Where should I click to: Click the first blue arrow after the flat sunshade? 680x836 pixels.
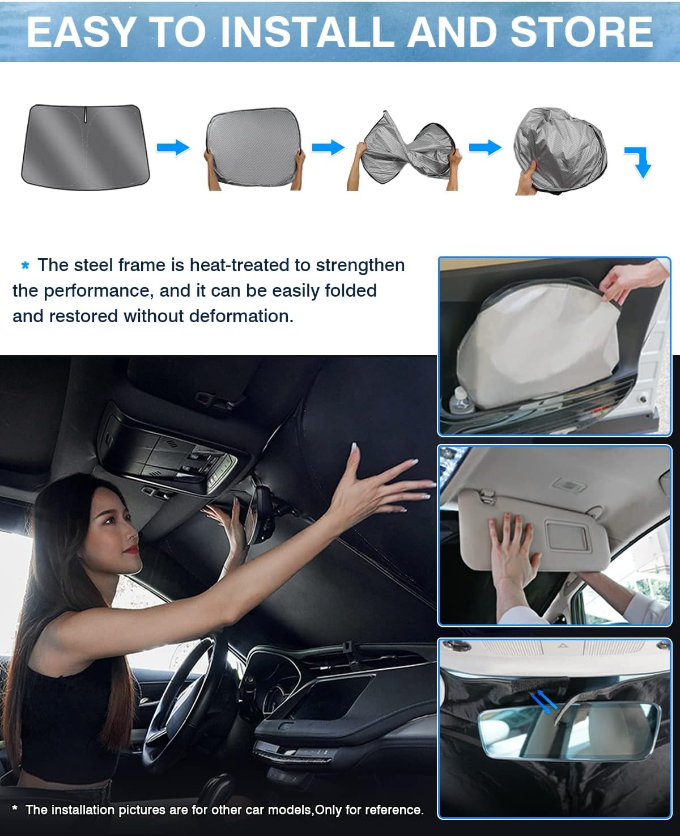pyautogui.click(x=172, y=148)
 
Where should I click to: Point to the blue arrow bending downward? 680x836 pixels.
pyautogui.click(x=639, y=161)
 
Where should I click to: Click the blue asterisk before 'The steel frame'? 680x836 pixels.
pyautogui.click(x=25, y=265)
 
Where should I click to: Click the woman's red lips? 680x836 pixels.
pyautogui.click(x=131, y=548)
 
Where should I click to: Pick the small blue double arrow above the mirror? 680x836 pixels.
pyautogui.click(x=544, y=702)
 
